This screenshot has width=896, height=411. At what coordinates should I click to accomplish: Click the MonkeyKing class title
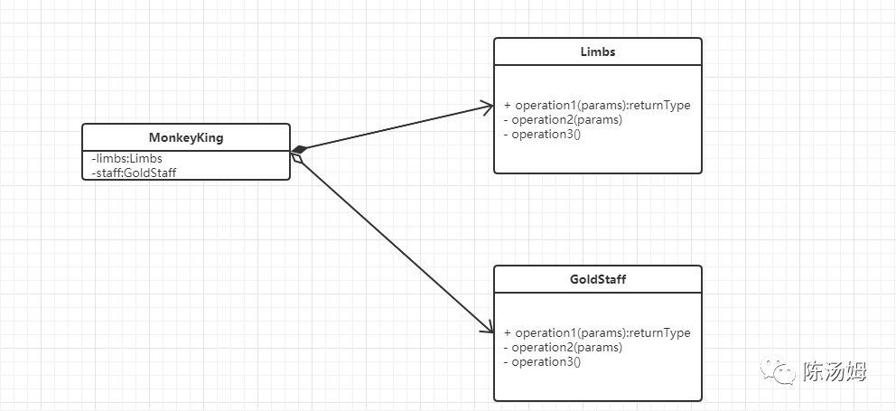coord(186,138)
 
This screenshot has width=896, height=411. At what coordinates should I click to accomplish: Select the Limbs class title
coord(598,51)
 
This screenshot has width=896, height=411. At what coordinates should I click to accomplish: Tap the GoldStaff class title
coord(598,279)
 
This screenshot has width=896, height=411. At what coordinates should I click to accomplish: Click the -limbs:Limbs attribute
coord(126,159)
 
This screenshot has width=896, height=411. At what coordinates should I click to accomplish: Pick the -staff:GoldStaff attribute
coord(134,172)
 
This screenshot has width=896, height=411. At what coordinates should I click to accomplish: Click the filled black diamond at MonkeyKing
coord(299,150)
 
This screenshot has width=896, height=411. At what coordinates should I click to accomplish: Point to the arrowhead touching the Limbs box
coord(487,107)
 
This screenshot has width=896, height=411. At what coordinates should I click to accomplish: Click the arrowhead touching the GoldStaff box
coord(488,326)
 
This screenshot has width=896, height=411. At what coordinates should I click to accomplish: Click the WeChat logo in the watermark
coord(778,371)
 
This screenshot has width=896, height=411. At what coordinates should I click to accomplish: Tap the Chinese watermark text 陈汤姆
coord(835,371)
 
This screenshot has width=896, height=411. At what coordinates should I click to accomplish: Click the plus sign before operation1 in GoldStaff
coord(508,332)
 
